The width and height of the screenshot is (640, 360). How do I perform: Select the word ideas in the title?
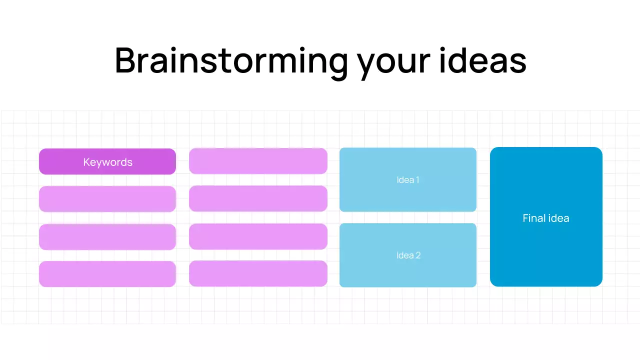coord(482,61)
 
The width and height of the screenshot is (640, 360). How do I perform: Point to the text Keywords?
coord(107,162)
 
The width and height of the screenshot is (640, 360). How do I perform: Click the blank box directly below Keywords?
coord(107,199)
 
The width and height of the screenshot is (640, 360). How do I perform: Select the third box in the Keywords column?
coord(107,237)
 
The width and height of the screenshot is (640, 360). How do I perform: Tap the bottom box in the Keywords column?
coord(107,274)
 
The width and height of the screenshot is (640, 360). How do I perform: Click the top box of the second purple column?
coord(258,161)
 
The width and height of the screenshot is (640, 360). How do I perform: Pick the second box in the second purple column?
coord(258,198)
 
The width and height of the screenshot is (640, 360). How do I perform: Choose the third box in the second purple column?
coord(258,236)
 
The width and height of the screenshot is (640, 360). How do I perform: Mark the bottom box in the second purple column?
coord(258,273)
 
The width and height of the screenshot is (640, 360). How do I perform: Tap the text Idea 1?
coord(407,180)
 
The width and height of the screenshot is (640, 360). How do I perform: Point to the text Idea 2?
coord(408,255)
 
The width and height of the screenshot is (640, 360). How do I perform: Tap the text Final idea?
coord(545,218)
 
